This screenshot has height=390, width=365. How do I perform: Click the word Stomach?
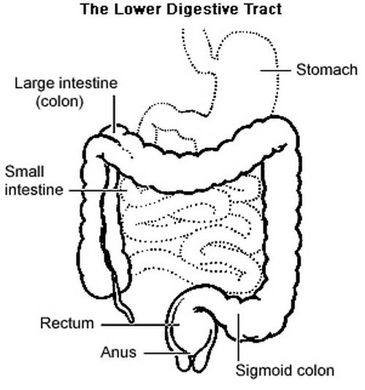pos(327,70)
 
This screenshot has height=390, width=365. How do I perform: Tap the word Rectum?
pos(67,324)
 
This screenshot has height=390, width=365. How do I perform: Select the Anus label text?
pos(118,352)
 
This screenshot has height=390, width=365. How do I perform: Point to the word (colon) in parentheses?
pos(60,101)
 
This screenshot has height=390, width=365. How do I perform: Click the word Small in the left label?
pos(24,171)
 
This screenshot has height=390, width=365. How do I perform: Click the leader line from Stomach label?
pos(275,71)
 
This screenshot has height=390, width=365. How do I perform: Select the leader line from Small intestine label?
pos(98,191)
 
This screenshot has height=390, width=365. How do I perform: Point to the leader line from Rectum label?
pos(140,324)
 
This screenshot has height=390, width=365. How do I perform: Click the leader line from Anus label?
pos(167,353)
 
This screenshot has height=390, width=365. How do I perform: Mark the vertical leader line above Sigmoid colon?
pos(238,337)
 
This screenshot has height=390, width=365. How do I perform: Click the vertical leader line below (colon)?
pos(114,114)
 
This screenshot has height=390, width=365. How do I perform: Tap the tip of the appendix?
pos(132,321)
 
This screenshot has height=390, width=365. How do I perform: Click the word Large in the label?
pos(32,84)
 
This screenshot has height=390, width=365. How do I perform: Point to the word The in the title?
pos(95,9)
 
